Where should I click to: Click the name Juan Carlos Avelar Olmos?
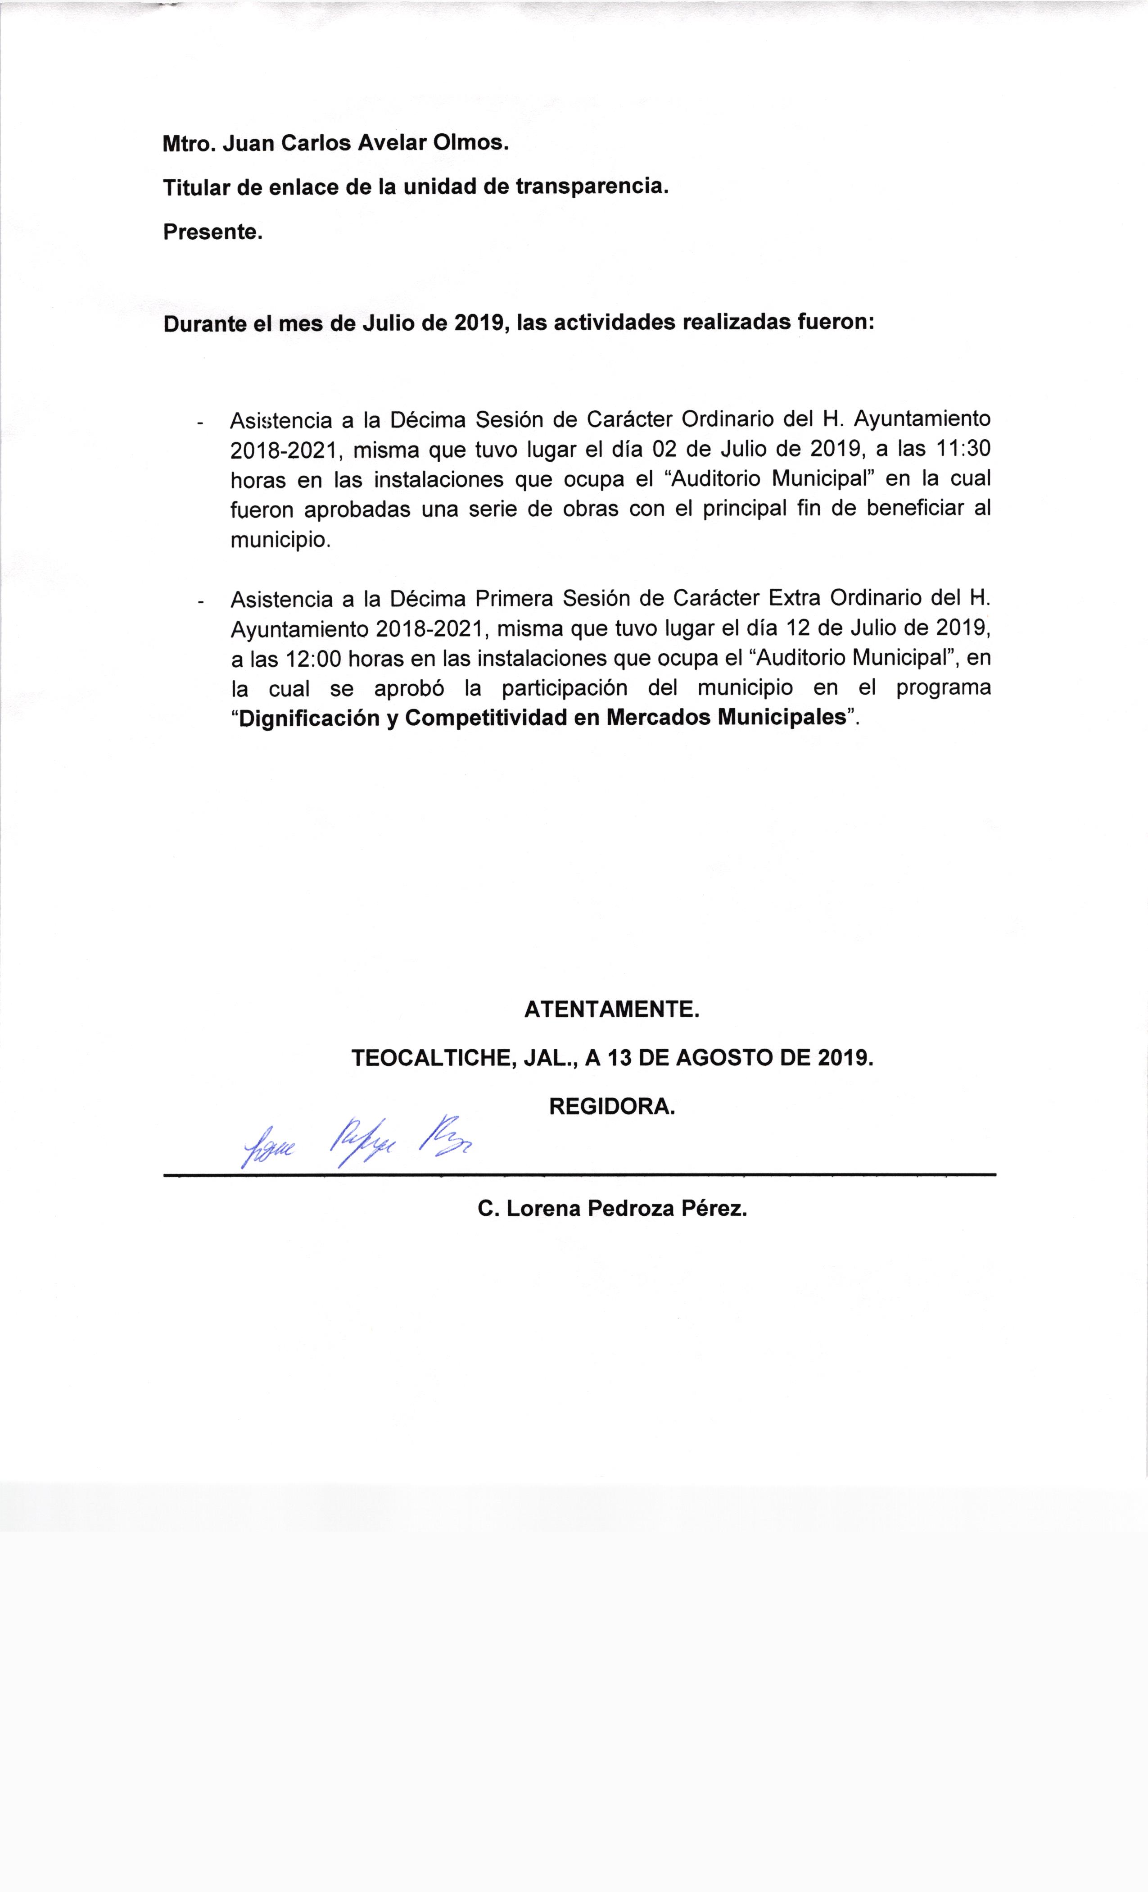pyautogui.click(x=365, y=144)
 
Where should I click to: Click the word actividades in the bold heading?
pyautogui.click(x=615, y=323)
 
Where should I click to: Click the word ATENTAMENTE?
pyautogui.click(x=612, y=1010)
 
